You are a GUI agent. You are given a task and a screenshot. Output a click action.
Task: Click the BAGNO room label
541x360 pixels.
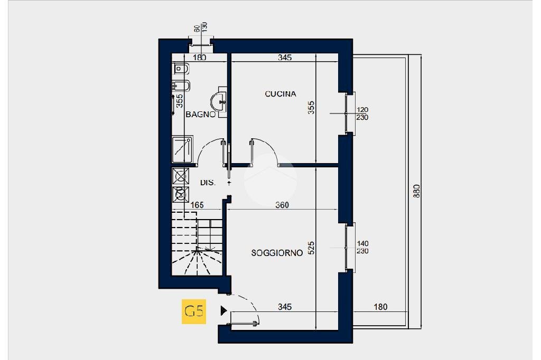tap(200, 114)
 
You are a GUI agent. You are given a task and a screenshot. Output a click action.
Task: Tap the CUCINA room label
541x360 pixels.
tap(281, 94)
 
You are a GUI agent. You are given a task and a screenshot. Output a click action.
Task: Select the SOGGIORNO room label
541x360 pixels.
tap(277, 253)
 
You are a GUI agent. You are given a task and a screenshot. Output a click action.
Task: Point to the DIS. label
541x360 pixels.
tap(208, 183)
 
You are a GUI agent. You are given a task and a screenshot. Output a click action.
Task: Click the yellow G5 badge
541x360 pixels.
tap(193, 311)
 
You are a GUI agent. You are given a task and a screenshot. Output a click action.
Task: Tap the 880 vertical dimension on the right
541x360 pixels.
tap(416, 191)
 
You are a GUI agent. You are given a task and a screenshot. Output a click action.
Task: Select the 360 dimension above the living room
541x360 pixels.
tap(282, 205)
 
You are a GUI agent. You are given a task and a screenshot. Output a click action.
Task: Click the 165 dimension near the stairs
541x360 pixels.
tap(197, 205)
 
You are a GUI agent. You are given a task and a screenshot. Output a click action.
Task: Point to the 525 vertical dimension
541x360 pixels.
tap(311, 249)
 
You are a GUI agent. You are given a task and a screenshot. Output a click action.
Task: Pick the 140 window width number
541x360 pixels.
tap(362, 243)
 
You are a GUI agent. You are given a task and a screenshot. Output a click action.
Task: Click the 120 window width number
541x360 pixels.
tap(362, 110)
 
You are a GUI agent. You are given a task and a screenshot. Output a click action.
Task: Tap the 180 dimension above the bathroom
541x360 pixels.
tap(199, 58)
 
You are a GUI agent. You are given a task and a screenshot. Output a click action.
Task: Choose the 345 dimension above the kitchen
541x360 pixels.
tap(285, 58)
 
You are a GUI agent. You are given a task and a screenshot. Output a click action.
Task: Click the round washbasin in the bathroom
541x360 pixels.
tap(218, 100)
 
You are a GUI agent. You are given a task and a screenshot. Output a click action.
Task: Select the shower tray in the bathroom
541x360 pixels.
tap(182, 149)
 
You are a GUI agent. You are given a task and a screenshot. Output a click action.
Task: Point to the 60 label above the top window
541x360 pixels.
tap(197, 29)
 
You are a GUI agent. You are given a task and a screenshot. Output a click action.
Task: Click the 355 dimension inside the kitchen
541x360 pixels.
tap(311, 108)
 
